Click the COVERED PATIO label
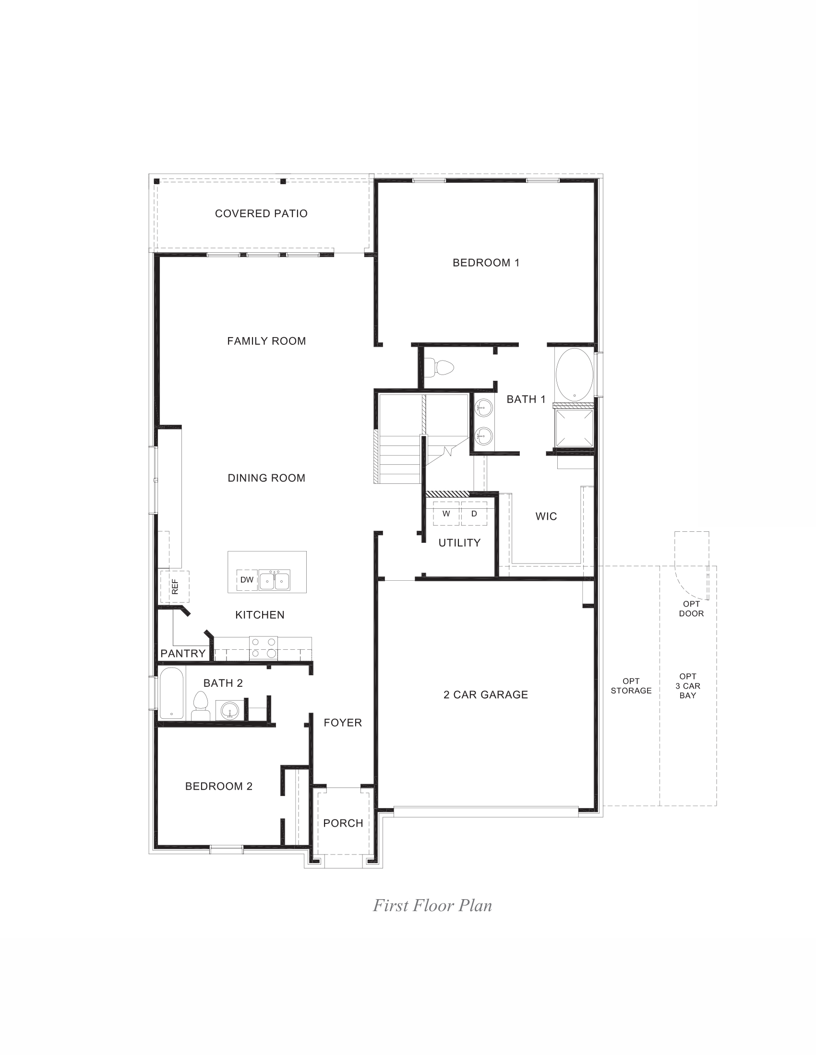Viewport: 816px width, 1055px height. tap(261, 213)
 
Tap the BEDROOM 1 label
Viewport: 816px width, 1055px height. tap(486, 263)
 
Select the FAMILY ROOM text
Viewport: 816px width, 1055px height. tap(266, 341)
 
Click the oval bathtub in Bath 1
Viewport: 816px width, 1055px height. tap(574, 375)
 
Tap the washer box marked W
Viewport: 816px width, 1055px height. tap(446, 514)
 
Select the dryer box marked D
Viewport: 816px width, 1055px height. tap(474, 514)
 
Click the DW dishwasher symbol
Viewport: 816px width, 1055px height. tap(247, 580)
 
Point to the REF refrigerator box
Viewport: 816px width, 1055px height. tap(175, 586)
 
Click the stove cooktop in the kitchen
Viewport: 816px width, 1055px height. tap(264, 648)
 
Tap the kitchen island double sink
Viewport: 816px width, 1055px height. tap(275, 580)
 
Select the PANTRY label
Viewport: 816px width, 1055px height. tap(183, 654)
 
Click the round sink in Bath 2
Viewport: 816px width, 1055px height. tap(230, 710)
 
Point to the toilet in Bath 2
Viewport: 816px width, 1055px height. tap(200, 706)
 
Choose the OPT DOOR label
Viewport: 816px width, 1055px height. tap(691, 609)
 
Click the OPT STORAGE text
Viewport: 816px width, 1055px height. tap(631, 686)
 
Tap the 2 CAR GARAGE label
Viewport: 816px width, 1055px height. tap(486, 695)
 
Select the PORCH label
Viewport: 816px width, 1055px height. tap(343, 823)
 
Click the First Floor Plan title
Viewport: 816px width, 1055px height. tap(432, 905)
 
